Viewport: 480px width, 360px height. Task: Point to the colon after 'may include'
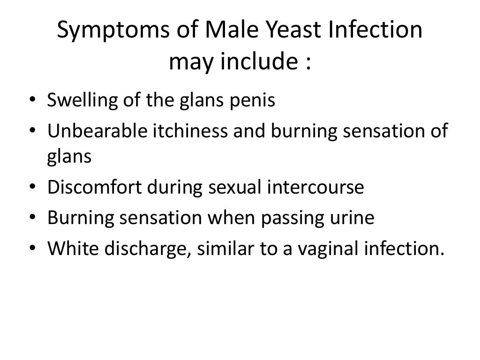(307, 62)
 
